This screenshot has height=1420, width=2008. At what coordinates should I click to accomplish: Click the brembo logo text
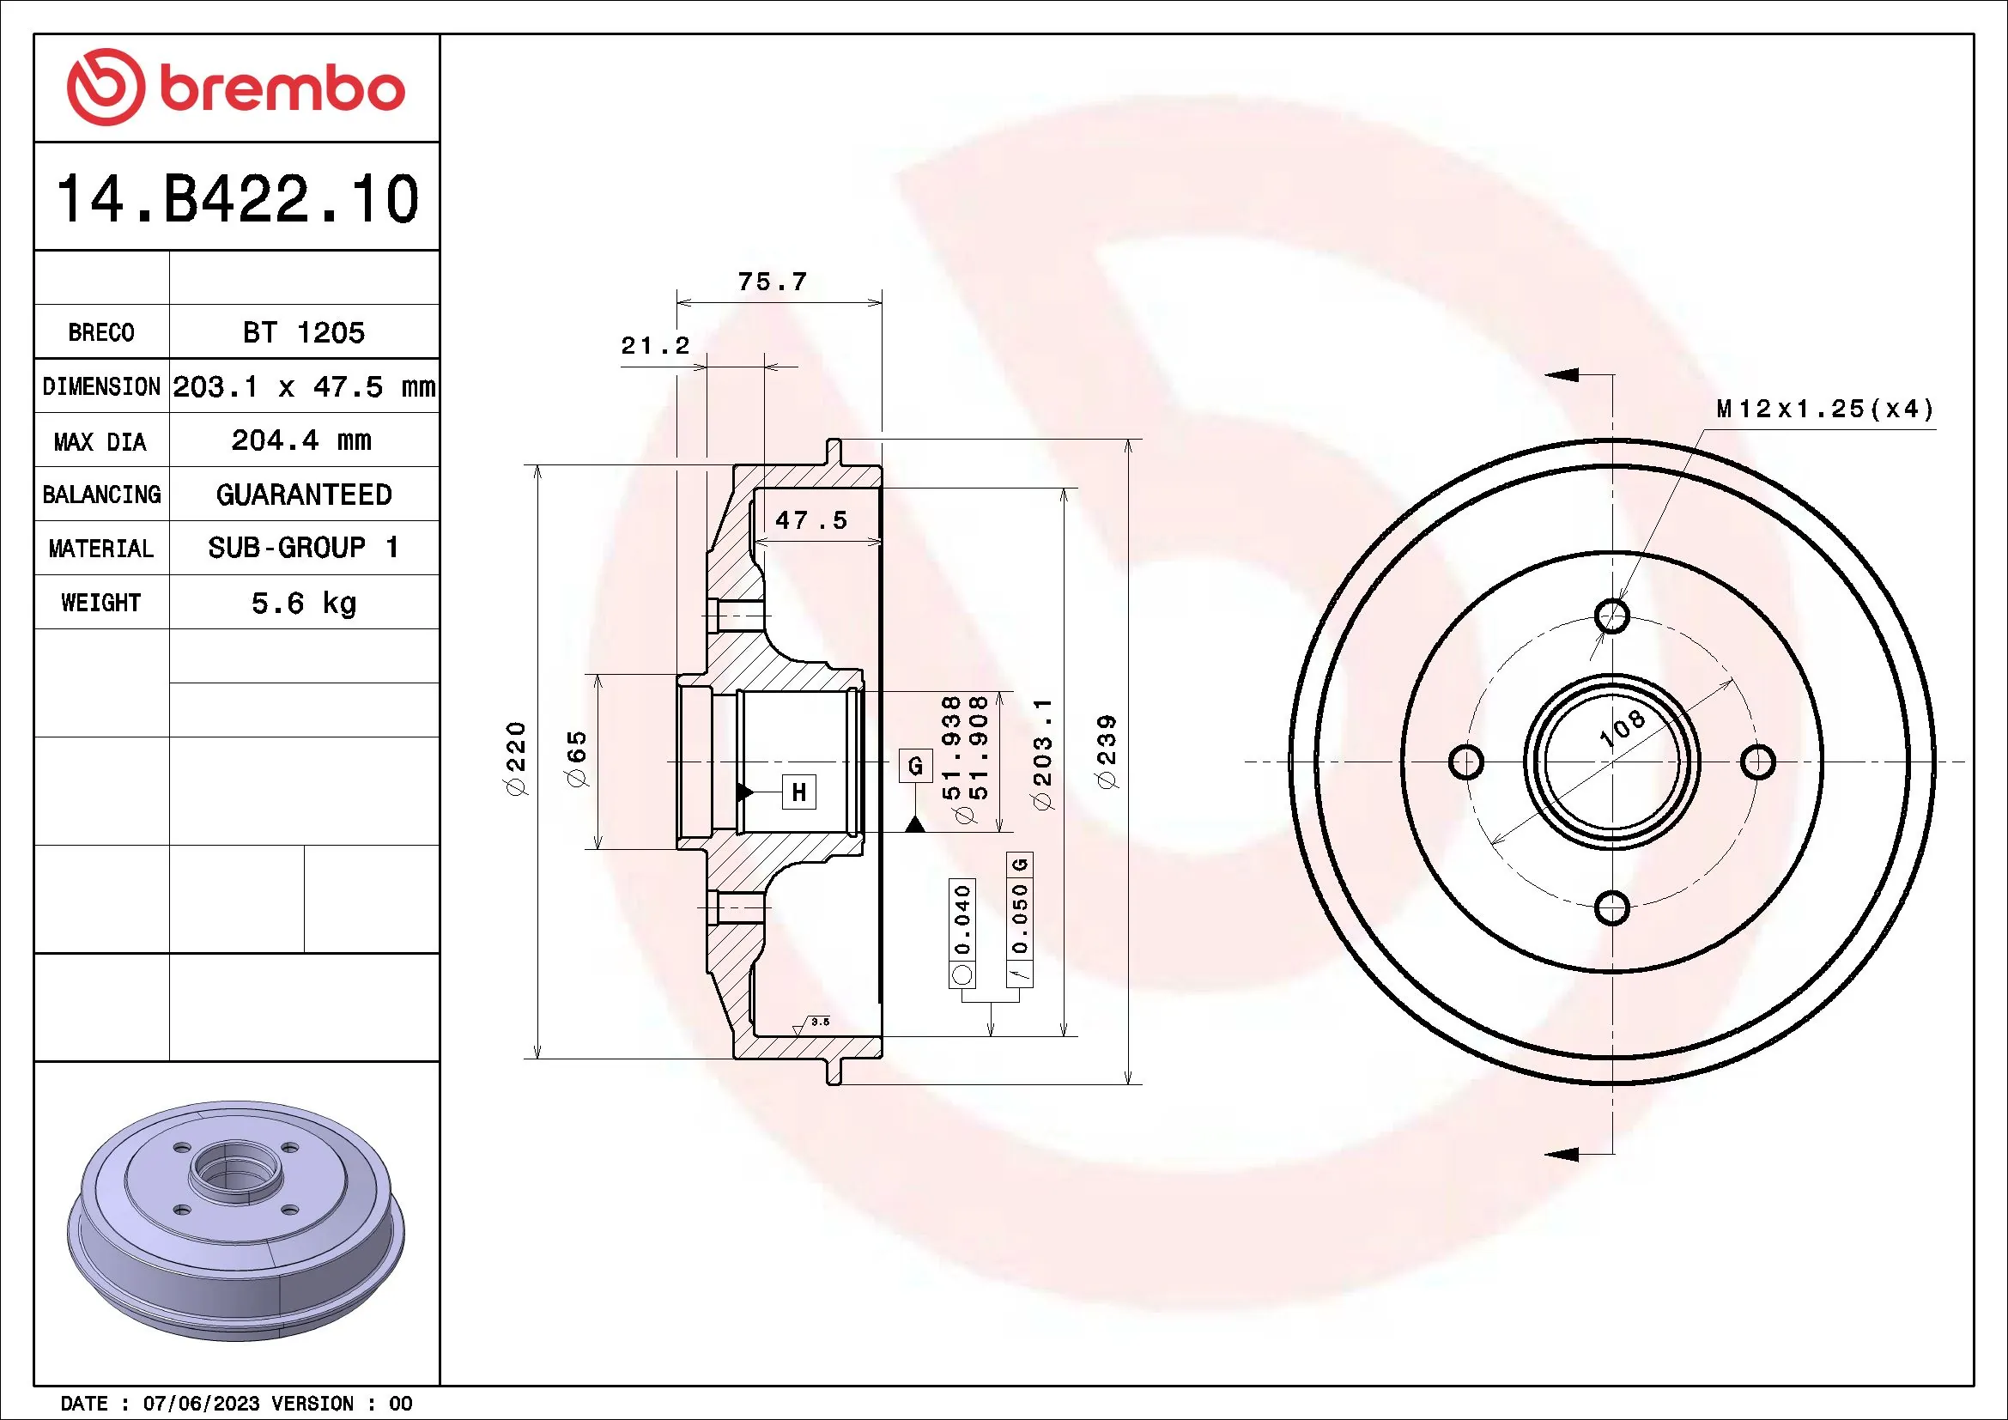click(x=282, y=89)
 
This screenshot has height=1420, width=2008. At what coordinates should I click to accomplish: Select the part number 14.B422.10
click(x=237, y=199)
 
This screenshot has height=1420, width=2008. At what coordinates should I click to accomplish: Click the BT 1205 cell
click(x=303, y=332)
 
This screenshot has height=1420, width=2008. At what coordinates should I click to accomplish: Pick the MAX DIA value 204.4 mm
click(x=300, y=440)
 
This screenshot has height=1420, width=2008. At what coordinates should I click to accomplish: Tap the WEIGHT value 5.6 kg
click(x=303, y=603)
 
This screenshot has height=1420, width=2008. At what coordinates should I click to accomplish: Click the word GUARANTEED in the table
click(x=303, y=495)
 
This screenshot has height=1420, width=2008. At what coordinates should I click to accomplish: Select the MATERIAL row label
click(x=100, y=549)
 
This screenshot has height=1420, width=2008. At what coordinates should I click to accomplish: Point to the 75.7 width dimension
click(x=772, y=282)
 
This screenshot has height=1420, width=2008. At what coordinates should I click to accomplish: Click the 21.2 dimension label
click(x=655, y=345)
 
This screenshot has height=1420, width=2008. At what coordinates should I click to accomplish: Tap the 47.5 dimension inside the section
click(x=811, y=521)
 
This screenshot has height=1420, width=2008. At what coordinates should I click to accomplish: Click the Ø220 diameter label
click(x=516, y=758)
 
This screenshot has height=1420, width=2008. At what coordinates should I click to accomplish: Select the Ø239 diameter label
click(x=1107, y=752)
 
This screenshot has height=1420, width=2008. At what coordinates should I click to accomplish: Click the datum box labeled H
click(x=798, y=792)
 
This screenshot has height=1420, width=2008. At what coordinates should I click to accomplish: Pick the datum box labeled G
click(x=916, y=766)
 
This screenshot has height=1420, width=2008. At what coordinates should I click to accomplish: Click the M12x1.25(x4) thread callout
click(x=1824, y=410)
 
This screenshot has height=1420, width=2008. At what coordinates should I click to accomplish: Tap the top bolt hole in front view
click(x=1612, y=616)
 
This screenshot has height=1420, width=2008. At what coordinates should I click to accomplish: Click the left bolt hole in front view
click(x=1465, y=762)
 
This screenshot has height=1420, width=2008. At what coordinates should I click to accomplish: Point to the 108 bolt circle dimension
click(x=1622, y=729)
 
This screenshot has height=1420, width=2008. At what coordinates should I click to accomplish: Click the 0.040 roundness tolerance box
click(x=962, y=919)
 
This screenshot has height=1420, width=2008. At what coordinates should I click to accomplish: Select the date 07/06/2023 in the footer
click(x=201, y=1404)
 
